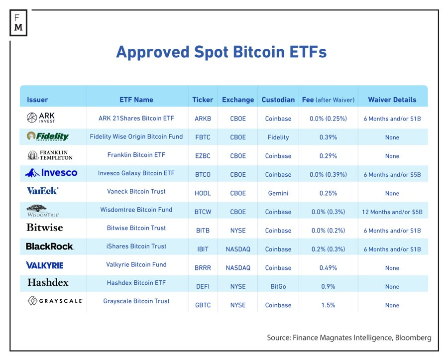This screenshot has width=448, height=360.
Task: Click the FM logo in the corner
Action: [18, 23]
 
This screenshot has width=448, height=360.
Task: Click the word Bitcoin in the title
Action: [259, 52]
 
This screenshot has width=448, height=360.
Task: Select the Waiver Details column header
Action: [392, 100]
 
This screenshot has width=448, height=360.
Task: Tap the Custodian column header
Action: [278, 100]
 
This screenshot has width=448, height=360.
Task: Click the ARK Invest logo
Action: [41, 118]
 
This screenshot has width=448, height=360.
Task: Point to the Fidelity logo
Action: [48, 136]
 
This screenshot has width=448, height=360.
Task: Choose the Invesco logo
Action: [51, 173]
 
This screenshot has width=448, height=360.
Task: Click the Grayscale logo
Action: [55, 301]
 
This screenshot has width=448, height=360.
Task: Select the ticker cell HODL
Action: [203, 193]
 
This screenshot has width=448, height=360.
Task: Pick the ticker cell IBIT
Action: [203, 249]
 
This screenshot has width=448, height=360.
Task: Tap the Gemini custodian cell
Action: [278, 193]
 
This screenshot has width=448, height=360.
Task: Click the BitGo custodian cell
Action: [278, 287]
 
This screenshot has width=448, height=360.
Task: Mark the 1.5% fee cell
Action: [328, 305]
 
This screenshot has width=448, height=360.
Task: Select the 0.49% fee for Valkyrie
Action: [328, 268]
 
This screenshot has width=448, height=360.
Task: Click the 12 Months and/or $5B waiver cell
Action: [392, 212]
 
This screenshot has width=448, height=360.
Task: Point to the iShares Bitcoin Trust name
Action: [136, 246]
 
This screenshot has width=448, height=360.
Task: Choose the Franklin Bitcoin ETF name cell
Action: [136, 155]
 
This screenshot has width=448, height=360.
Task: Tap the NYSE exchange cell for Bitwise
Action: [238, 231]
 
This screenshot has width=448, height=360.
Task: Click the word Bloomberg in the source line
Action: [413, 338]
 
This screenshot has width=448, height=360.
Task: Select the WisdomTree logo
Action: [43, 211]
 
